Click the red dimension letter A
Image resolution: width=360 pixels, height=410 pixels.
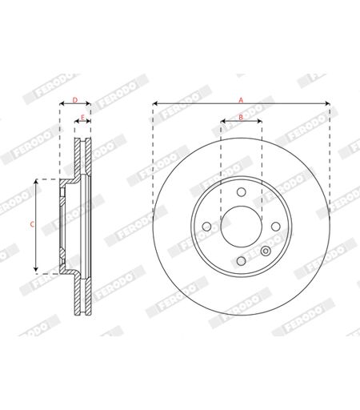241,100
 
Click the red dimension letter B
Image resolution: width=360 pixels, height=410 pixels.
241,117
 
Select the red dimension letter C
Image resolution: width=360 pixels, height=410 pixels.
32,224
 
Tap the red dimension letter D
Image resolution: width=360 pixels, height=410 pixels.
75,100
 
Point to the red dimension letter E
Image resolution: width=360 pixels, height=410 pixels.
82,117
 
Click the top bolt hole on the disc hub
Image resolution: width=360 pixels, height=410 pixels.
242,192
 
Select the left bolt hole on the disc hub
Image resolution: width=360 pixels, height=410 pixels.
206,227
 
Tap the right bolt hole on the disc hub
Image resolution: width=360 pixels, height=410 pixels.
276,227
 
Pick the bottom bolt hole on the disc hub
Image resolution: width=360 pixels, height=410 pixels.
242,261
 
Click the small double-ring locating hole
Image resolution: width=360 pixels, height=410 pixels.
266,251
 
